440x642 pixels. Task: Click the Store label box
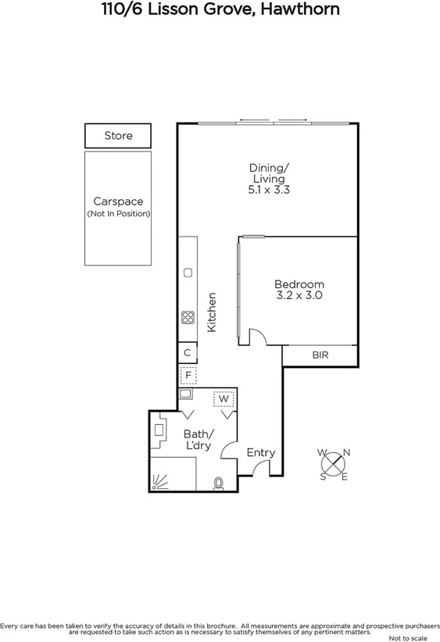point(119,136)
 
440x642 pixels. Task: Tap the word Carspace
point(118,202)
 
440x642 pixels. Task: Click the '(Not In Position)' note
point(118,214)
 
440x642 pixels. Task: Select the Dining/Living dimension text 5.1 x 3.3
point(268,189)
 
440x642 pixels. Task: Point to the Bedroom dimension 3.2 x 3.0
point(299,296)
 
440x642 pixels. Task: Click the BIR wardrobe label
point(320,355)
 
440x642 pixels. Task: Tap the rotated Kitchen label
point(211,312)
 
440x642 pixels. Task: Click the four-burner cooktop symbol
point(188,317)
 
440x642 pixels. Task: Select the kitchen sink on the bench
point(188,273)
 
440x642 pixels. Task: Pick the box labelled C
point(187,353)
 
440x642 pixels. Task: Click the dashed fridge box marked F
point(187,376)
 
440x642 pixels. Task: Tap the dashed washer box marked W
point(224,399)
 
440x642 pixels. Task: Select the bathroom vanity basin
point(159,430)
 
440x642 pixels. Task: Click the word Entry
point(260,452)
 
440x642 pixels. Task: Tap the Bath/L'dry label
point(196,439)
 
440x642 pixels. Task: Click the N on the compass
point(347,452)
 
